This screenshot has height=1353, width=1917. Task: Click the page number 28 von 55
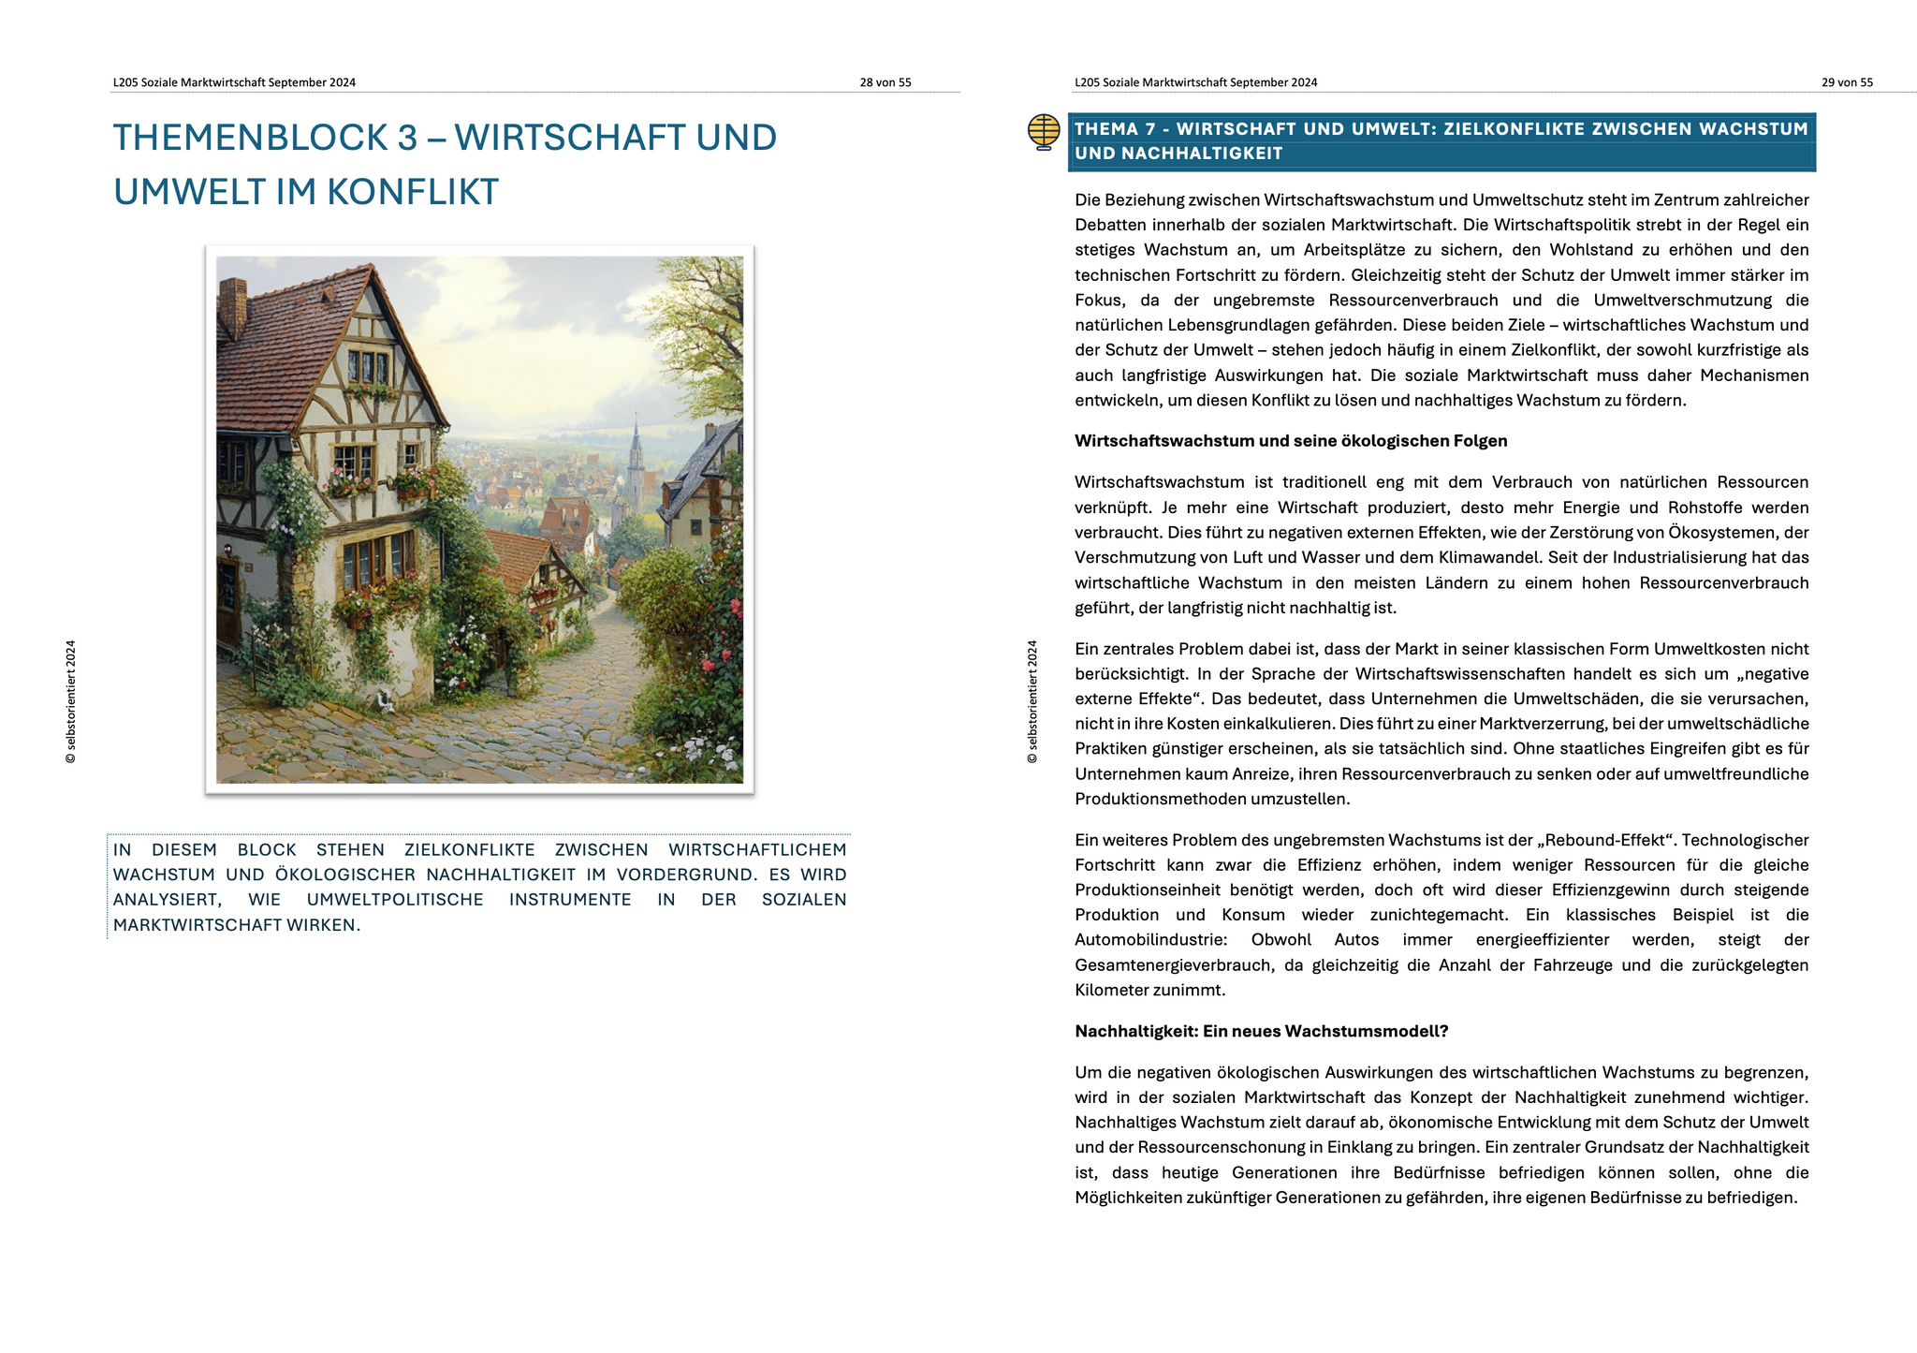point(885,82)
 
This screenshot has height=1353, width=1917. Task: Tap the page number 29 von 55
point(1847,82)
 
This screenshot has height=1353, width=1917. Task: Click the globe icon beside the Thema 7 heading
point(1044,132)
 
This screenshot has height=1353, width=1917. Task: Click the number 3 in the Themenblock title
point(407,138)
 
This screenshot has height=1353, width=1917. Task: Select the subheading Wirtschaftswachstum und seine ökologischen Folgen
point(1291,441)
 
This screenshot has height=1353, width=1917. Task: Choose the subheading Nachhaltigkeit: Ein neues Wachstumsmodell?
point(1261,1031)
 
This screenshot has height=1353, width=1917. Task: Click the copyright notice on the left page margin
point(71,701)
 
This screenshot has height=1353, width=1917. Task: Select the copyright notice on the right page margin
point(1032,701)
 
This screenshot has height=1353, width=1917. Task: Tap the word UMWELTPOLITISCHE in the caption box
point(395,900)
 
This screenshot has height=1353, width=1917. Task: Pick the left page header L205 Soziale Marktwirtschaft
point(234,82)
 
